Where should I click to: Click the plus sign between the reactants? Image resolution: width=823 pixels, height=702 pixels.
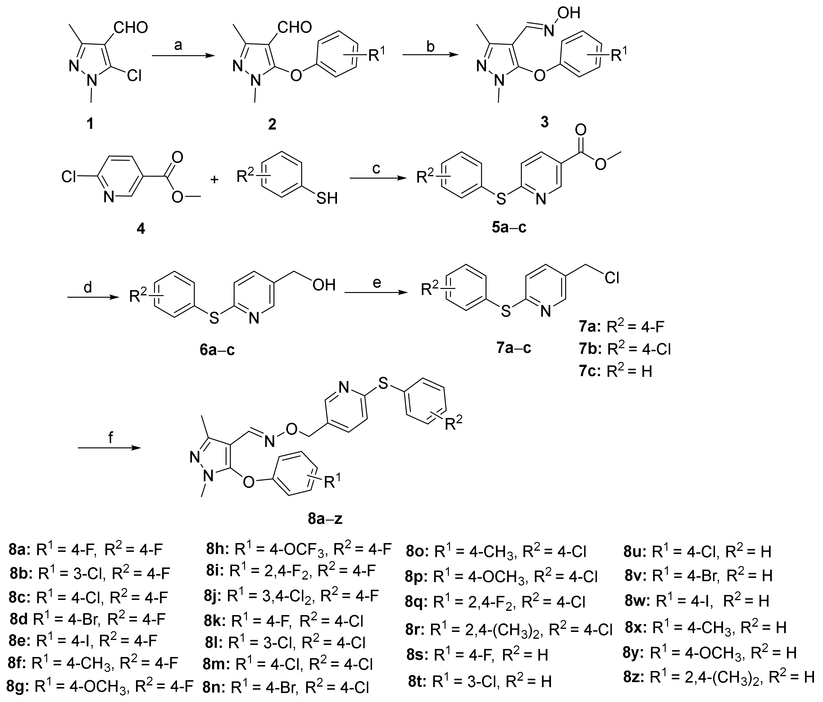tap(214, 180)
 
